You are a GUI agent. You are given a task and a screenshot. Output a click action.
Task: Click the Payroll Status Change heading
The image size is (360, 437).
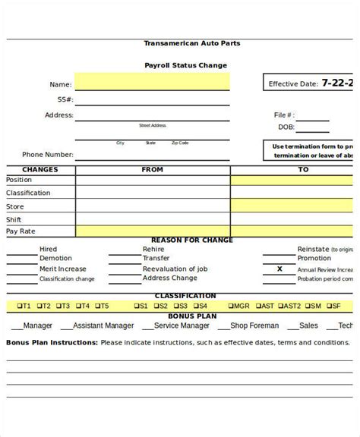point(185,65)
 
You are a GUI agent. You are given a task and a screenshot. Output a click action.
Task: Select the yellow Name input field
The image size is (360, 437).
point(151,82)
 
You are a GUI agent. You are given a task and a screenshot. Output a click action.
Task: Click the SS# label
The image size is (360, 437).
point(65,99)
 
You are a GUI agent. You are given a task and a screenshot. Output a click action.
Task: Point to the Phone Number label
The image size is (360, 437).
point(47,154)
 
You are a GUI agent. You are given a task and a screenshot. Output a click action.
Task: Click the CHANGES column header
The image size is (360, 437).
point(40,170)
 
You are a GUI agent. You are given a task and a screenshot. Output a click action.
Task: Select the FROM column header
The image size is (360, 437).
point(152,170)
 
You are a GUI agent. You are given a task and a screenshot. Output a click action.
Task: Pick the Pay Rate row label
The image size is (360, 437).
point(21,231)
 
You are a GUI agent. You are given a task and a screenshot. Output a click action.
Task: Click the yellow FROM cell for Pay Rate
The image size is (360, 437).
point(152,231)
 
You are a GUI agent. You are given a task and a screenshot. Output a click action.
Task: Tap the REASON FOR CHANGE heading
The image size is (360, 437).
point(192,240)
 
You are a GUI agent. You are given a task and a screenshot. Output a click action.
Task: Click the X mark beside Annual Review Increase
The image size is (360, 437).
point(279,269)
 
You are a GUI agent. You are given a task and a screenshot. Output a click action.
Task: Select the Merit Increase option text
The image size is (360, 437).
point(63,269)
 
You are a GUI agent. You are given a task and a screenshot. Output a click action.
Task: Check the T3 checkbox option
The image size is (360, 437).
point(62,306)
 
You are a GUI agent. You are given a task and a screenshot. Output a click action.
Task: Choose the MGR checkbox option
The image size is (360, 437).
point(238,306)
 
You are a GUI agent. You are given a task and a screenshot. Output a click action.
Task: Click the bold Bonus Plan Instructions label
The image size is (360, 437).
point(52,342)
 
